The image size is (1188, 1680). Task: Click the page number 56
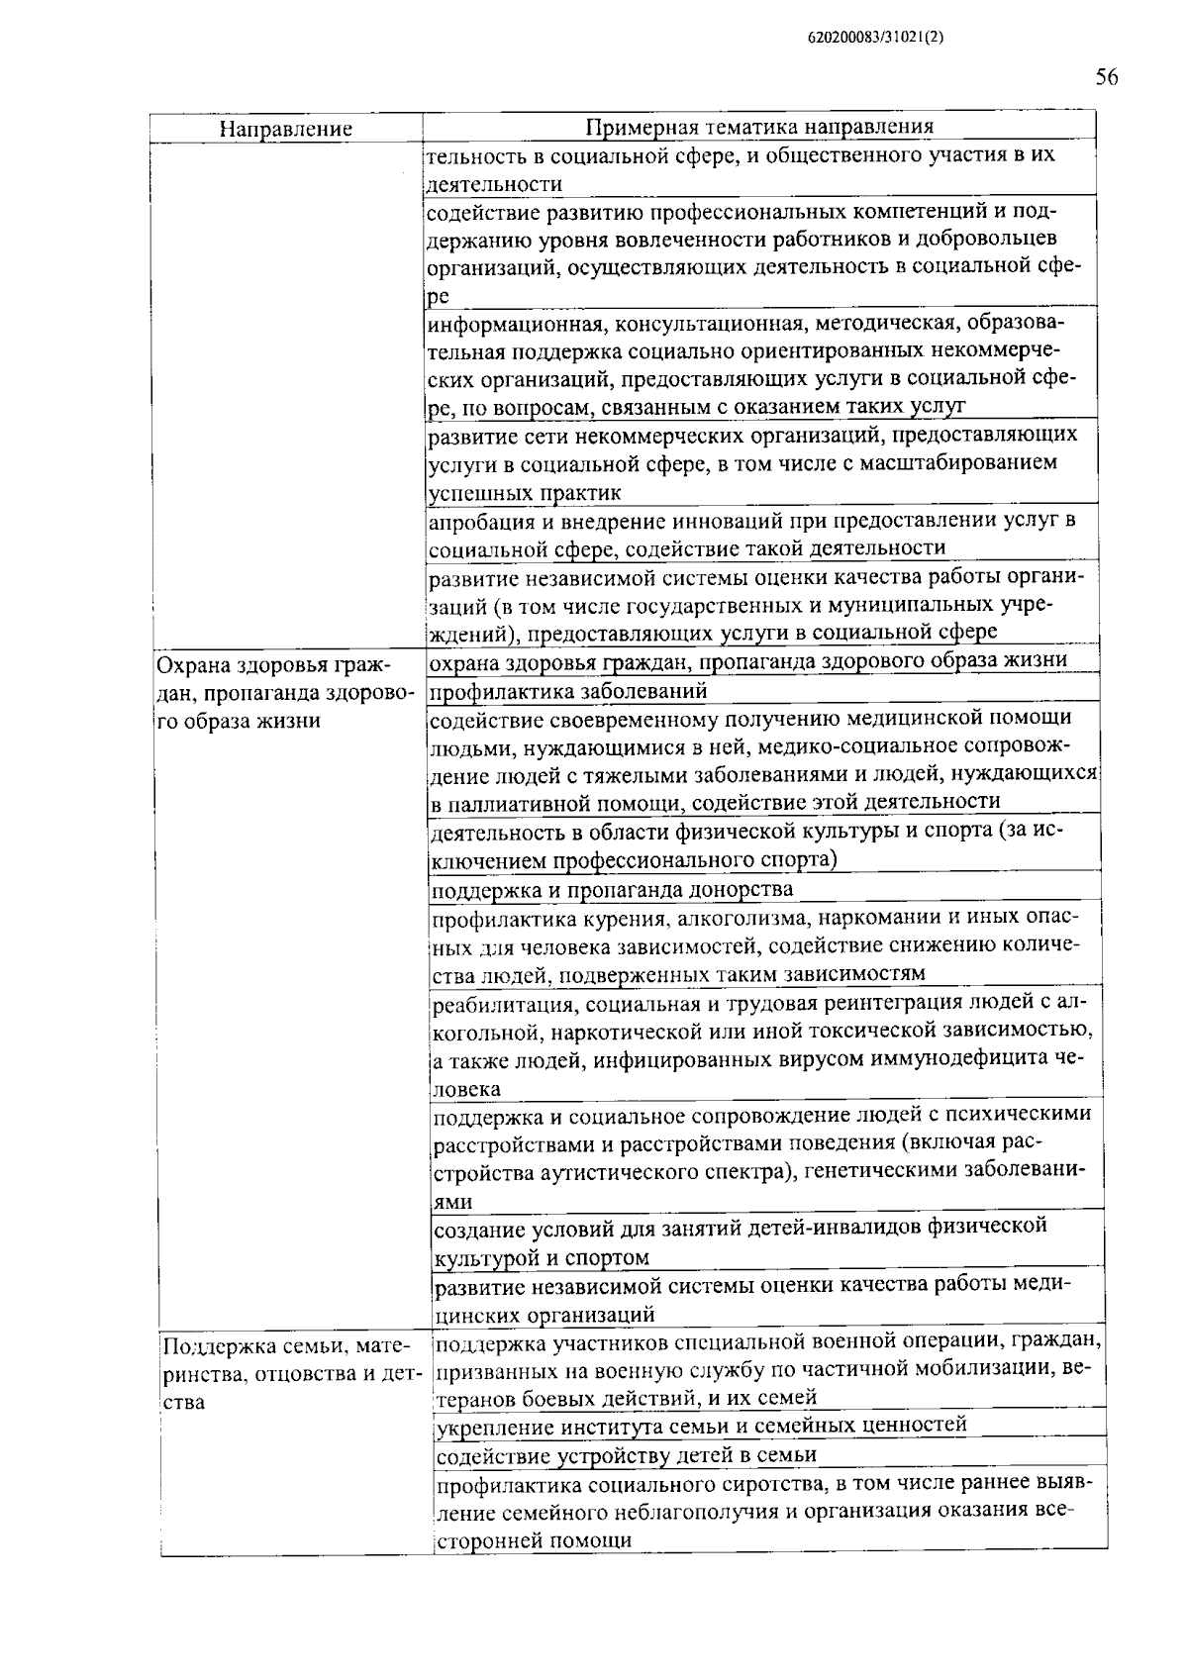[x=1106, y=77]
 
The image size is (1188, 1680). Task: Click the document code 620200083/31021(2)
[x=876, y=38]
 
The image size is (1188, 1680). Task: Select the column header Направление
[x=285, y=129]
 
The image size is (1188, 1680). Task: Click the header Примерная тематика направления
[x=759, y=127]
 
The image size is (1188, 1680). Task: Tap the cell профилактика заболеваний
[x=569, y=690]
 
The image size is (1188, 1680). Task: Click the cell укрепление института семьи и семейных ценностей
[x=701, y=1425]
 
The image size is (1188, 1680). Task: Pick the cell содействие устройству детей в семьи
[x=627, y=1454]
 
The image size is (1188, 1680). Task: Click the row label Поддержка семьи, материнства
[x=292, y=1373]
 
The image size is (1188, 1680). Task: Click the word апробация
[x=479, y=520]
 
